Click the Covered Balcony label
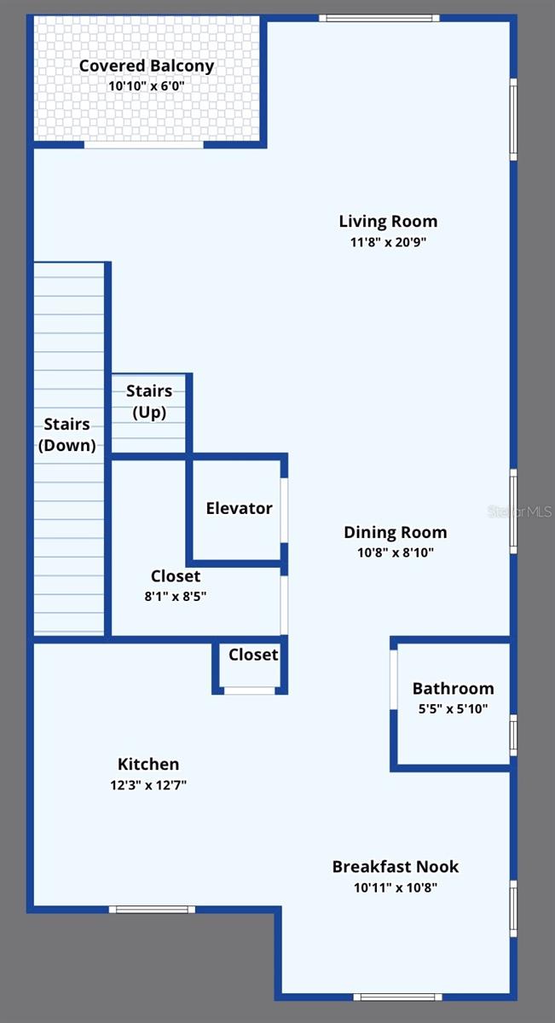147,66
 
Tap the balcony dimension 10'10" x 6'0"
147,86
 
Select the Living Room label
388,222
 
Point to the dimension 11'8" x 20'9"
388,242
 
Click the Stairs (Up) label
149,402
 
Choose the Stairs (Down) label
66,434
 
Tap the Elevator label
239,508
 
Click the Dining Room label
395,532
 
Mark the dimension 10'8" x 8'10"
395,552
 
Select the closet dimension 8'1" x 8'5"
176,597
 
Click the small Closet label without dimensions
253,654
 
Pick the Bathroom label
453,688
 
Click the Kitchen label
148,765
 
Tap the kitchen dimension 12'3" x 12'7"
148,785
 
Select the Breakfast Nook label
396,867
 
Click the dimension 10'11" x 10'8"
396,887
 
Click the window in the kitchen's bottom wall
152,910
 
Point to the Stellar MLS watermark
519,511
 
